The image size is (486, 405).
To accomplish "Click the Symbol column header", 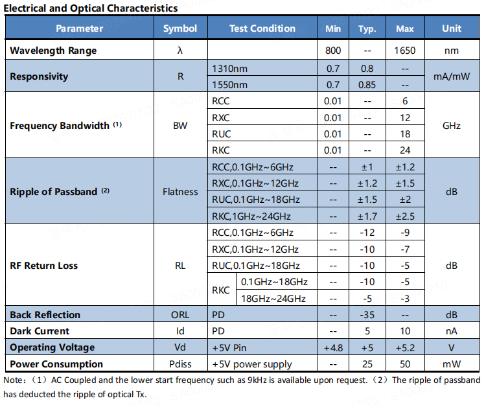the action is click(180, 29).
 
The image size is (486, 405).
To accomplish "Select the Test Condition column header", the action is click(262, 29).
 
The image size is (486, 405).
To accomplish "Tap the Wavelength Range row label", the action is click(53, 51).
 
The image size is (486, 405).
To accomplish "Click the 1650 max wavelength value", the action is click(405, 51).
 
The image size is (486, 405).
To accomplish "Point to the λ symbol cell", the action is click(180, 51).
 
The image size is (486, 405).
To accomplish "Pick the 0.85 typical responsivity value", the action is click(367, 85).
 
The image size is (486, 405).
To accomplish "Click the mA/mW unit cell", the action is click(452, 76).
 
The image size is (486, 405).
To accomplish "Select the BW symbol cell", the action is click(180, 126).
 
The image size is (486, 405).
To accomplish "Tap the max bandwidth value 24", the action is click(405, 150).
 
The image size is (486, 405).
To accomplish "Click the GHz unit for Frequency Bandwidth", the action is click(452, 126).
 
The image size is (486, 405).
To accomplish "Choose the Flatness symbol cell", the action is click(180, 192).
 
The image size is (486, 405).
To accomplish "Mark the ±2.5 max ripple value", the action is click(405, 216).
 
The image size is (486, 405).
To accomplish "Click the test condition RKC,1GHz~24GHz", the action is click(251, 216).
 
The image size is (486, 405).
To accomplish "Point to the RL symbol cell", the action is click(180, 266).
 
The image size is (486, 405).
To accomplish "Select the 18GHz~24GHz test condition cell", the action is click(273, 299).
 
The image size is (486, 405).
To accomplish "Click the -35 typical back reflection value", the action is click(367, 315).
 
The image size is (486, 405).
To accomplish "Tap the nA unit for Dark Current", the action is click(452, 331).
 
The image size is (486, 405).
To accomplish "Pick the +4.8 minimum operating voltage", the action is click(333, 348).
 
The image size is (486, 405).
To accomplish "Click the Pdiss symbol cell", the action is click(180, 364).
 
